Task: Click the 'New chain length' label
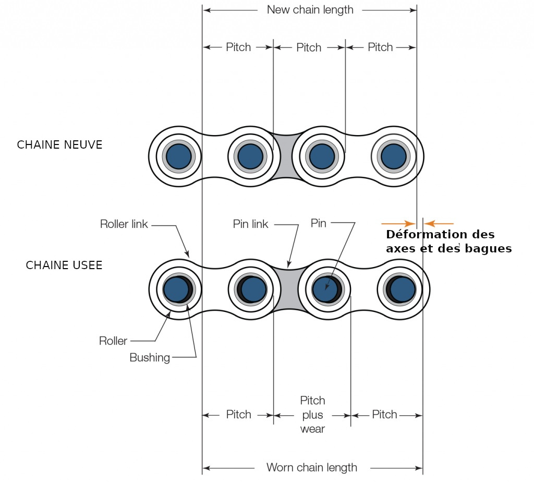click(310, 10)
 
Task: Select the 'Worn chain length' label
click(311, 467)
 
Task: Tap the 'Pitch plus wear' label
click(312, 415)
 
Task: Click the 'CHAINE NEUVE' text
click(60, 145)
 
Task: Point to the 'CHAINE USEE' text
click(64, 265)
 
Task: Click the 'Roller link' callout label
click(124, 225)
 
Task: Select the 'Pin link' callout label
click(250, 224)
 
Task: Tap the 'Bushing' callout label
click(150, 358)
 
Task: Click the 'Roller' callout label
click(113, 341)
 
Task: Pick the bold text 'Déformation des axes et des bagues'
click(448, 241)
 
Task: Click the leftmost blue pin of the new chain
click(178, 155)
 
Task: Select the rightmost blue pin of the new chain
click(393, 155)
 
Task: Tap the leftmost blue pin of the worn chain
click(176, 289)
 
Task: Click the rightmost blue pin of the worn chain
click(403, 289)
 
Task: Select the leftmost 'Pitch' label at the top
click(238, 47)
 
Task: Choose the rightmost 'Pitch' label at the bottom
click(384, 415)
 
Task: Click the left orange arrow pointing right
click(397, 224)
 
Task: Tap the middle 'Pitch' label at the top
click(309, 47)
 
